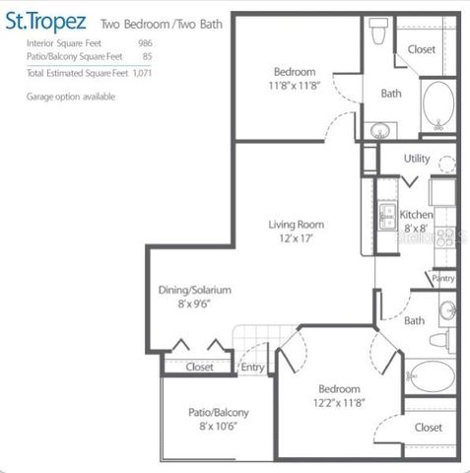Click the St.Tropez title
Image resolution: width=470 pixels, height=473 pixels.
[x=53, y=21]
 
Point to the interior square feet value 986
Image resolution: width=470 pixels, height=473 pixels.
[x=144, y=44]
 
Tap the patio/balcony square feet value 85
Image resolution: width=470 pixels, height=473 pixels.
[x=147, y=57]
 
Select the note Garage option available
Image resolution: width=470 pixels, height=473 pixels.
[x=70, y=97]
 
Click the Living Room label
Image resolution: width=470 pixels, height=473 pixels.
[x=296, y=225]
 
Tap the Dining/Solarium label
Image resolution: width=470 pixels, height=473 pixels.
[x=194, y=291]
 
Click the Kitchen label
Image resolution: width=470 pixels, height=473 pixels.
[x=416, y=214]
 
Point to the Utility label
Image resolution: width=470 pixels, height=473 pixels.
[x=416, y=158]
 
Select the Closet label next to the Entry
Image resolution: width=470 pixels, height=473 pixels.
[x=200, y=368]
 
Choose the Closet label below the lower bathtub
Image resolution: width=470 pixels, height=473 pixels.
[x=428, y=427]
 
